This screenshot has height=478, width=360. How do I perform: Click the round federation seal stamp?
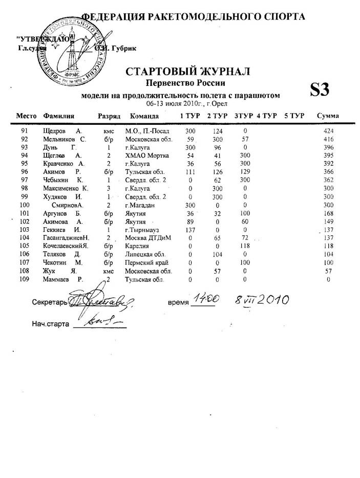(x=72, y=49)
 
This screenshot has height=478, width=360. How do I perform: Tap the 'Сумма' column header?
(x=328, y=116)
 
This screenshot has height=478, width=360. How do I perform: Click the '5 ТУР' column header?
(x=294, y=116)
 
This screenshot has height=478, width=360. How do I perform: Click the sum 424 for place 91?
(x=329, y=131)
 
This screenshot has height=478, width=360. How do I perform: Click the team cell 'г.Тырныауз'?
(x=143, y=230)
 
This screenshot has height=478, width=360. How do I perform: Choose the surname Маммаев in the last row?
(x=58, y=279)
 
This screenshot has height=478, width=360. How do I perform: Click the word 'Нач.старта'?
(x=49, y=324)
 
